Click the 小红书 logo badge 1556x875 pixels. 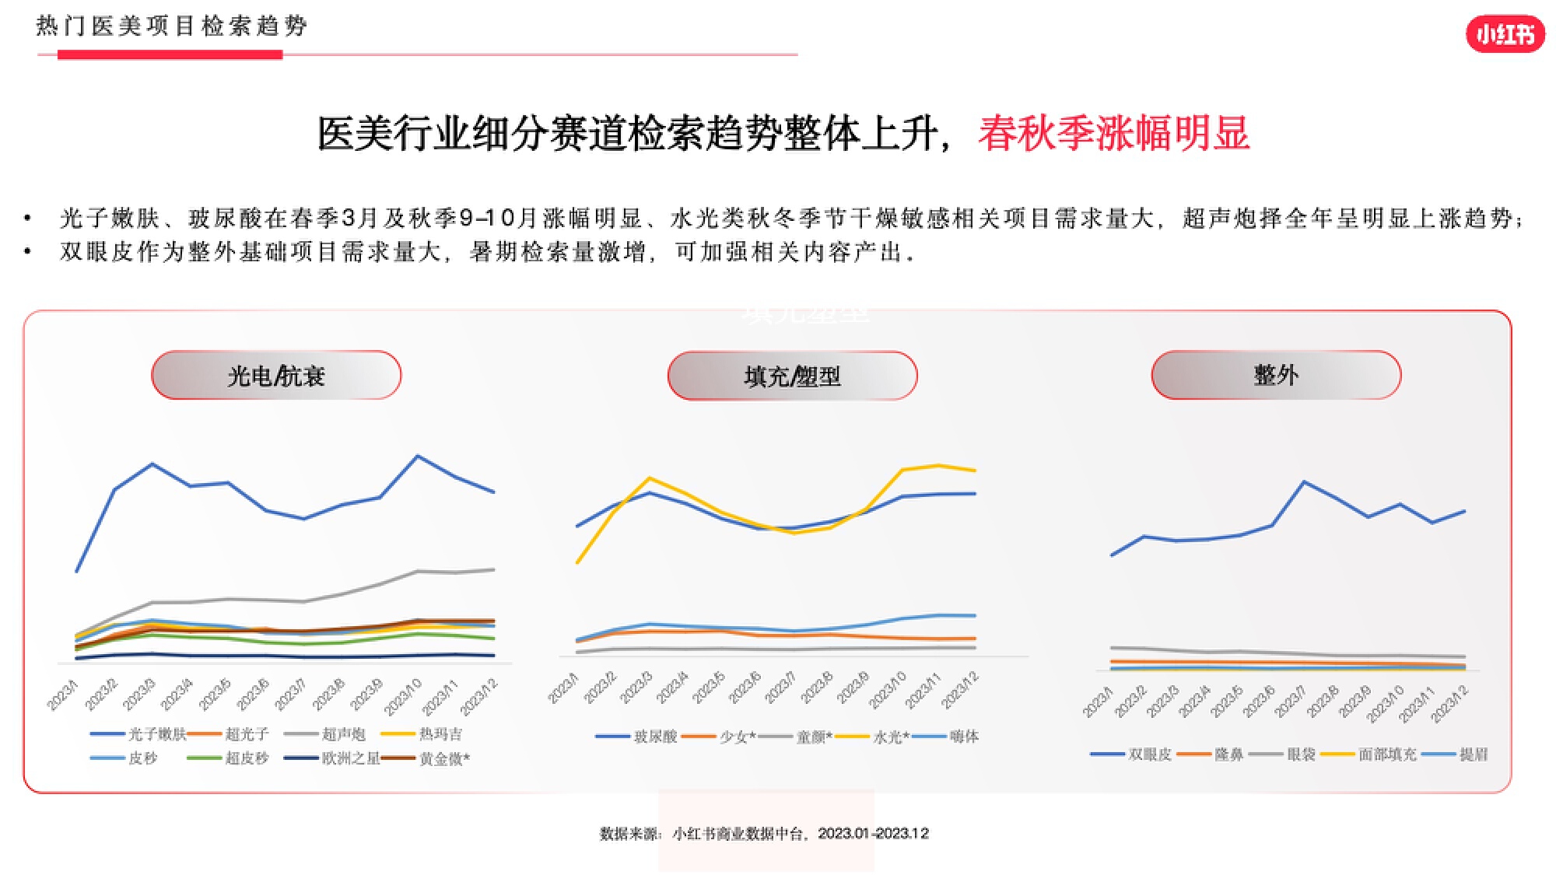point(1505,34)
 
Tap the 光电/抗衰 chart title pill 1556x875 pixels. point(276,376)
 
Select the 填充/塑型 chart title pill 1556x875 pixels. point(792,376)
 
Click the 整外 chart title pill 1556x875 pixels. point(1276,375)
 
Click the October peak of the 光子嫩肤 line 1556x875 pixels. point(418,457)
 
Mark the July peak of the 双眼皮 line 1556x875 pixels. point(1305,482)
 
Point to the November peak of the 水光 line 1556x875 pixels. point(938,466)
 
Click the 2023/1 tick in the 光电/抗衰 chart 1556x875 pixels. point(63,695)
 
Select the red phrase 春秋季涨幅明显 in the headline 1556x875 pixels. point(1113,134)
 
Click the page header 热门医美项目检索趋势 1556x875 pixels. point(172,26)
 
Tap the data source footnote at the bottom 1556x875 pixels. point(764,834)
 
